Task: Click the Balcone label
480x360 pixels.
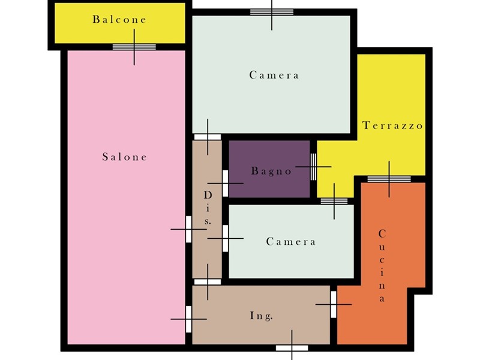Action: coord(119,20)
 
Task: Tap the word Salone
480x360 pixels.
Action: coord(125,157)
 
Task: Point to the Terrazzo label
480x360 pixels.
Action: coord(392,125)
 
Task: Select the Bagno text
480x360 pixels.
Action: coord(271,171)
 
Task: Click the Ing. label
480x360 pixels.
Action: coord(261,316)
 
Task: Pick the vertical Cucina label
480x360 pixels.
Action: coord(382,265)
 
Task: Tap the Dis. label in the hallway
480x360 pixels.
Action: coord(208,208)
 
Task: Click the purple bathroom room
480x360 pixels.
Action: coord(269,169)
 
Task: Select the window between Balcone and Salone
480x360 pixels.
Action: coord(134,47)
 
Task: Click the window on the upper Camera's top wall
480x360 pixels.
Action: coord(272,12)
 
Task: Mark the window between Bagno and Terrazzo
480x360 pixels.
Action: coord(313,167)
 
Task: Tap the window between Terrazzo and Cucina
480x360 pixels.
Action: coord(389,179)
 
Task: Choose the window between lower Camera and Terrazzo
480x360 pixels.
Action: coord(334,201)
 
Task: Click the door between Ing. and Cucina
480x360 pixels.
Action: coord(334,304)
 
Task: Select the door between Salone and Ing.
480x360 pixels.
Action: coord(188,319)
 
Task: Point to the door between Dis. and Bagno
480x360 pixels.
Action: coord(226,184)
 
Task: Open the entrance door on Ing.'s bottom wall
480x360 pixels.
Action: coord(292,348)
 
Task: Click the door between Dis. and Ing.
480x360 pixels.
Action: coord(208,282)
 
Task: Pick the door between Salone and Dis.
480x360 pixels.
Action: coord(188,229)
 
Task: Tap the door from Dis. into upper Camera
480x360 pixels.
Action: coord(208,137)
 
